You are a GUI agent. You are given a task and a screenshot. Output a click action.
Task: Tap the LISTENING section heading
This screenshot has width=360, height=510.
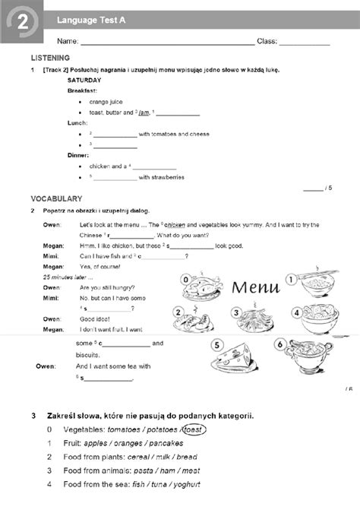click(x=50, y=58)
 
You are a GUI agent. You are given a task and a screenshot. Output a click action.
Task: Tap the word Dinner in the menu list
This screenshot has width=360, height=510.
click(x=78, y=155)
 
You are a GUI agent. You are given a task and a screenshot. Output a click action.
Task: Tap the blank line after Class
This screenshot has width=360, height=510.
click(x=305, y=42)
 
